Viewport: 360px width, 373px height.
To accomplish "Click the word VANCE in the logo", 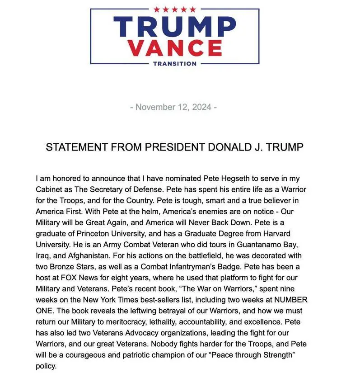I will coord(175,47).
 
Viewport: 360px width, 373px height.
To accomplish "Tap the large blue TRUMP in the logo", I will coord(174,27).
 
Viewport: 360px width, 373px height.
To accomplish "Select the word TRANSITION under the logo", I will coord(175,64).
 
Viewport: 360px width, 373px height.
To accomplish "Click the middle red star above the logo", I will coord(175,9).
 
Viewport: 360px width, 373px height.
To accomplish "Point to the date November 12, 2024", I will coord(173,107).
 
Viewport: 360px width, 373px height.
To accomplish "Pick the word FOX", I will coord(62,277).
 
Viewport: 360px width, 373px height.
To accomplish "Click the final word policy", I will coord(46,366).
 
